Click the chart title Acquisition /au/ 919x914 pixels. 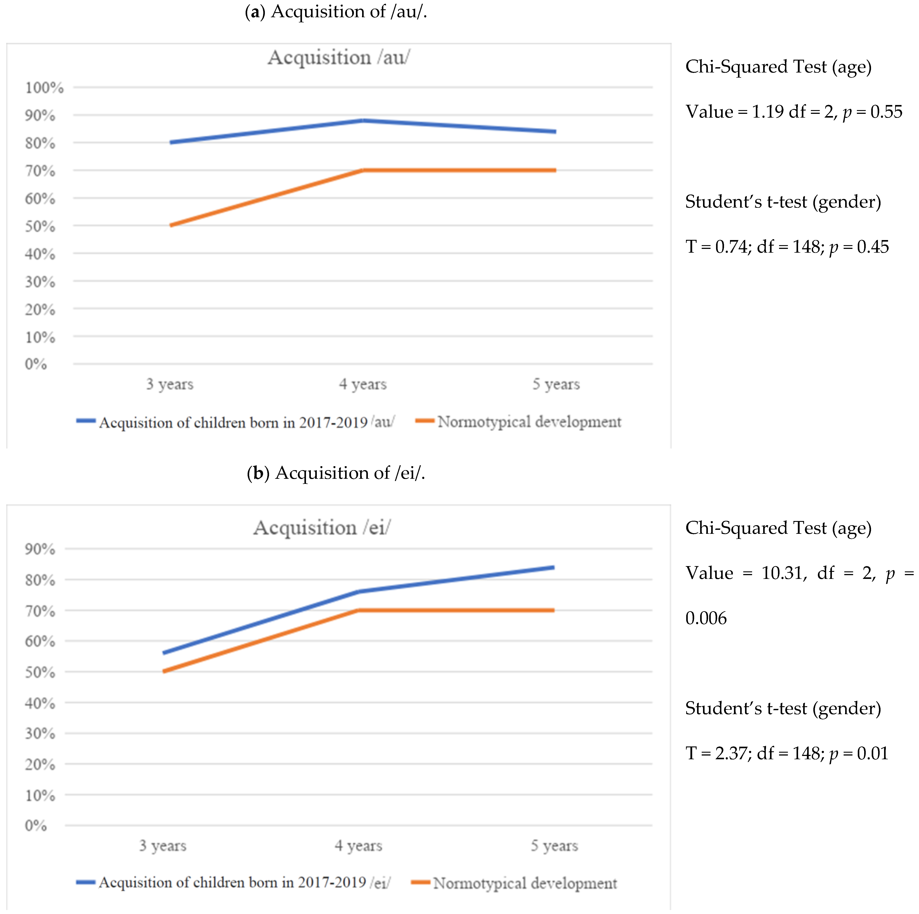pos(339,57)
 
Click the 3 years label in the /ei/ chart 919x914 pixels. pos(163,845)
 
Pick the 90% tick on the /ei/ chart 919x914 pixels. pos(40,549)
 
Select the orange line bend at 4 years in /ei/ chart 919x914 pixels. pos(358,610)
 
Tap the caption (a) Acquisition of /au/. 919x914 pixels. pos(336,11)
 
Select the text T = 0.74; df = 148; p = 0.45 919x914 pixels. pos(787,247)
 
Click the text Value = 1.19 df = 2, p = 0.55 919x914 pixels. pos(793,112)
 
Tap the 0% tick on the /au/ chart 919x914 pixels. pos(36,364)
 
